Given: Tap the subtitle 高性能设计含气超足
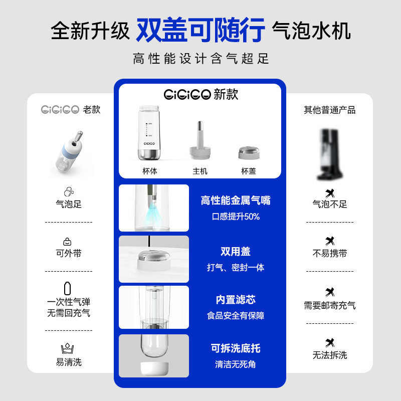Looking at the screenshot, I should (200, 59).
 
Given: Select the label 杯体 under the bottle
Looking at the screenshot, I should (150, 171).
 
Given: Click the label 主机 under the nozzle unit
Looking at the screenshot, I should (200, 171).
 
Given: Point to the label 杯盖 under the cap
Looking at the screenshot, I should (249, 171).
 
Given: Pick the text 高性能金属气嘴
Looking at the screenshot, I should (236, 200).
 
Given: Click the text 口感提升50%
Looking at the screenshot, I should (236, 217).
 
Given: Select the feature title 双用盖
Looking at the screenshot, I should (236, 251).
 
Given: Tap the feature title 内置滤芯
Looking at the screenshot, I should (236, 299).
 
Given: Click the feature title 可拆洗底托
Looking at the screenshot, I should (236, 348).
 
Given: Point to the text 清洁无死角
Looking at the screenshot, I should (236, 364).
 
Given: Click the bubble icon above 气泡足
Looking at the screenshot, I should (69, 191).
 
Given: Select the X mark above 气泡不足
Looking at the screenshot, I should (329, 192).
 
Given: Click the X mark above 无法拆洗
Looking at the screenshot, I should (329, 343).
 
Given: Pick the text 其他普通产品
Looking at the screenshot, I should (329, 110).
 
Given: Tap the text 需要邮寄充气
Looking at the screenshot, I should (329, 305).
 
